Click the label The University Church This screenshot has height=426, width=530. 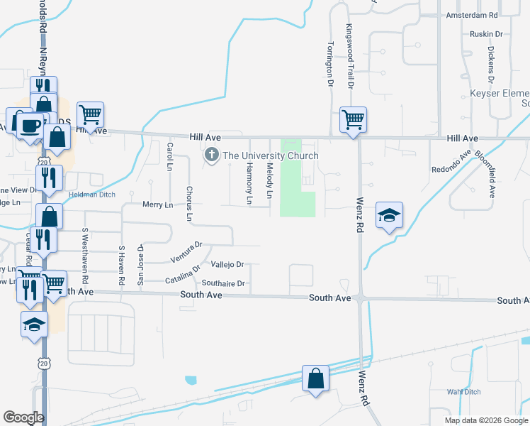[271, 155]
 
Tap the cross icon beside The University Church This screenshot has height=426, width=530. [211, 155]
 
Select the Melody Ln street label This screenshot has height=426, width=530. [270, 180]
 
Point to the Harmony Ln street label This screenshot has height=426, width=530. [249, 182]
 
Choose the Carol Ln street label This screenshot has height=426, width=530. [169, 156]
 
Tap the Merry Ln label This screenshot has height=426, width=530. [157, 205]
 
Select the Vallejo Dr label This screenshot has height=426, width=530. [227, 264]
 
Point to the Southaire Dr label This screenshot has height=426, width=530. [223, 283]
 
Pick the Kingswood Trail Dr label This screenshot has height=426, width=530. [349, 55]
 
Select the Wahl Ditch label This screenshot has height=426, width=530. [463, 392]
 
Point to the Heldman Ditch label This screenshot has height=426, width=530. [91, 194]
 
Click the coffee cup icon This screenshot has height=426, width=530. [29, 124]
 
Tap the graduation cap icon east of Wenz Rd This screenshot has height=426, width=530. [389, 215]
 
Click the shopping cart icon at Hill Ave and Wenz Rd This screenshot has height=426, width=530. [353, 119]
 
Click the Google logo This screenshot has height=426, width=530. [23, 417]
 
